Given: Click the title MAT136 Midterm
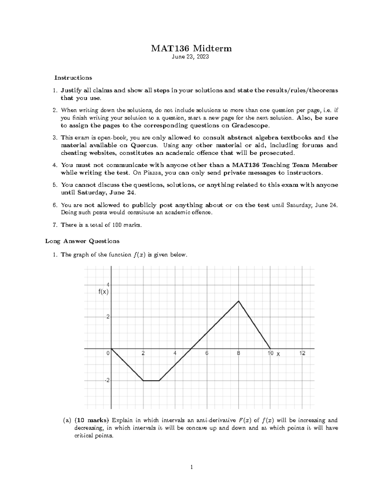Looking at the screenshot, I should point(191,48).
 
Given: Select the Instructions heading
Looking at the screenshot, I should point(73,78).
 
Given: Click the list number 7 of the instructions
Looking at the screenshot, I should point(55,225).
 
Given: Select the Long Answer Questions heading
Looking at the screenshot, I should point(82,241).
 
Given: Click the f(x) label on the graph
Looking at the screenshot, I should point(103,292).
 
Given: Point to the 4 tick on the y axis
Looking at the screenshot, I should point(108,285).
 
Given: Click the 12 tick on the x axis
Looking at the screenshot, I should point(302,353).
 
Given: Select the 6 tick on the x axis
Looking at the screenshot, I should point(207,353).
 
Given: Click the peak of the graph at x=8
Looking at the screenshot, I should point(238,301).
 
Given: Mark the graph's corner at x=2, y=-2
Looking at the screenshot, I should point(143,381).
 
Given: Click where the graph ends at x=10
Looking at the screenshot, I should point(270,349).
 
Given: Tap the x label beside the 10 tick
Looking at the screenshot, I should point(278,354).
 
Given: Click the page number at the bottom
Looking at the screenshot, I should point(191,468).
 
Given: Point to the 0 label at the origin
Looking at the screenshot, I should point(108,353).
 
